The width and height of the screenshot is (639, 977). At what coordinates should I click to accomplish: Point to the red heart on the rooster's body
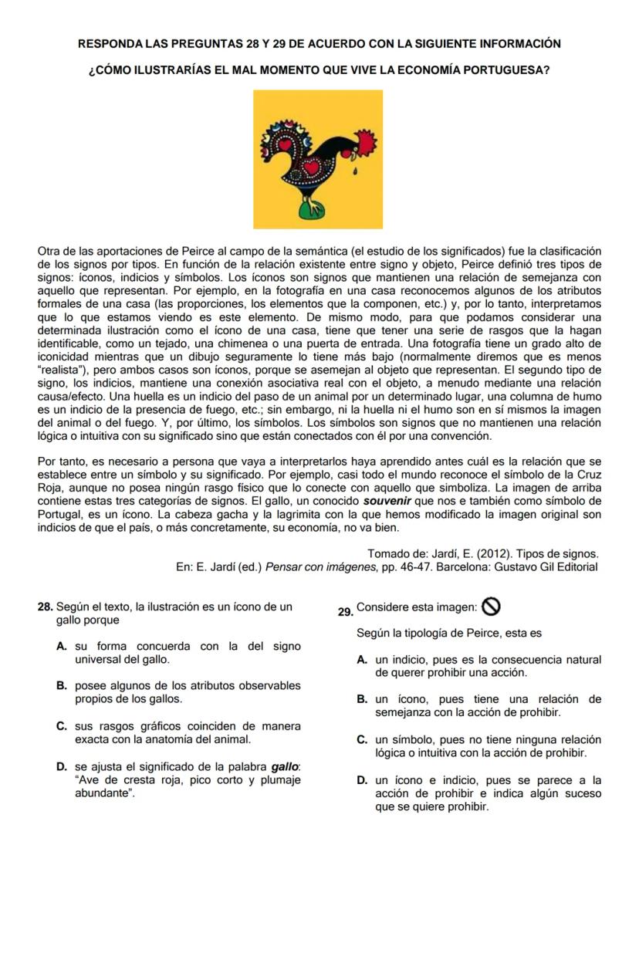click(x=312, y=166)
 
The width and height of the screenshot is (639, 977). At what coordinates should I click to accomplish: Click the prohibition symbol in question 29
click(x=491, y=607)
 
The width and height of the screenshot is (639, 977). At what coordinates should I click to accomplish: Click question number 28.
click(x=45, y=607)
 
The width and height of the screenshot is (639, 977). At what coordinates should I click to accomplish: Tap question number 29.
click(x=346, y=612)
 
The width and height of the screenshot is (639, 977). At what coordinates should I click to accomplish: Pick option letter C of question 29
click(x=362, y=739)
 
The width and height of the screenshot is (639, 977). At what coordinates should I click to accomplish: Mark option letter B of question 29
click(x=362, y=699)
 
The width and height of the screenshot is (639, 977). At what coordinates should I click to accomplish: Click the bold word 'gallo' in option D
click(x=285, y=766)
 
